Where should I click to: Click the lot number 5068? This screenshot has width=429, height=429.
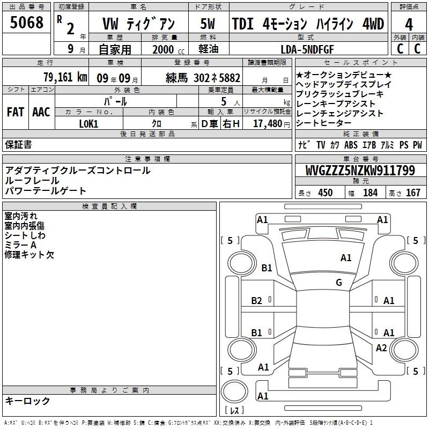(x=26, y=23)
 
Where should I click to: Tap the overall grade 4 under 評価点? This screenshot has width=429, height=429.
(x=409, y=25)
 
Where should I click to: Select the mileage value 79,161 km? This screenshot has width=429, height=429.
(x=65, y=77)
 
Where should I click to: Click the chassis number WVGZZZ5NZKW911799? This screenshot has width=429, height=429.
(x=360, y=171)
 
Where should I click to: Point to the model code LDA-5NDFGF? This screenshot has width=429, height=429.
(x=307, y=49)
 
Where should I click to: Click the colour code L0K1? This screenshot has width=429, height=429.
(x=88, y=124)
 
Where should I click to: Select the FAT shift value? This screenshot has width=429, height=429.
(x=16, y=112)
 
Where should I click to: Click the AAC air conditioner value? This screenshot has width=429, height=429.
(x=41, y=112)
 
